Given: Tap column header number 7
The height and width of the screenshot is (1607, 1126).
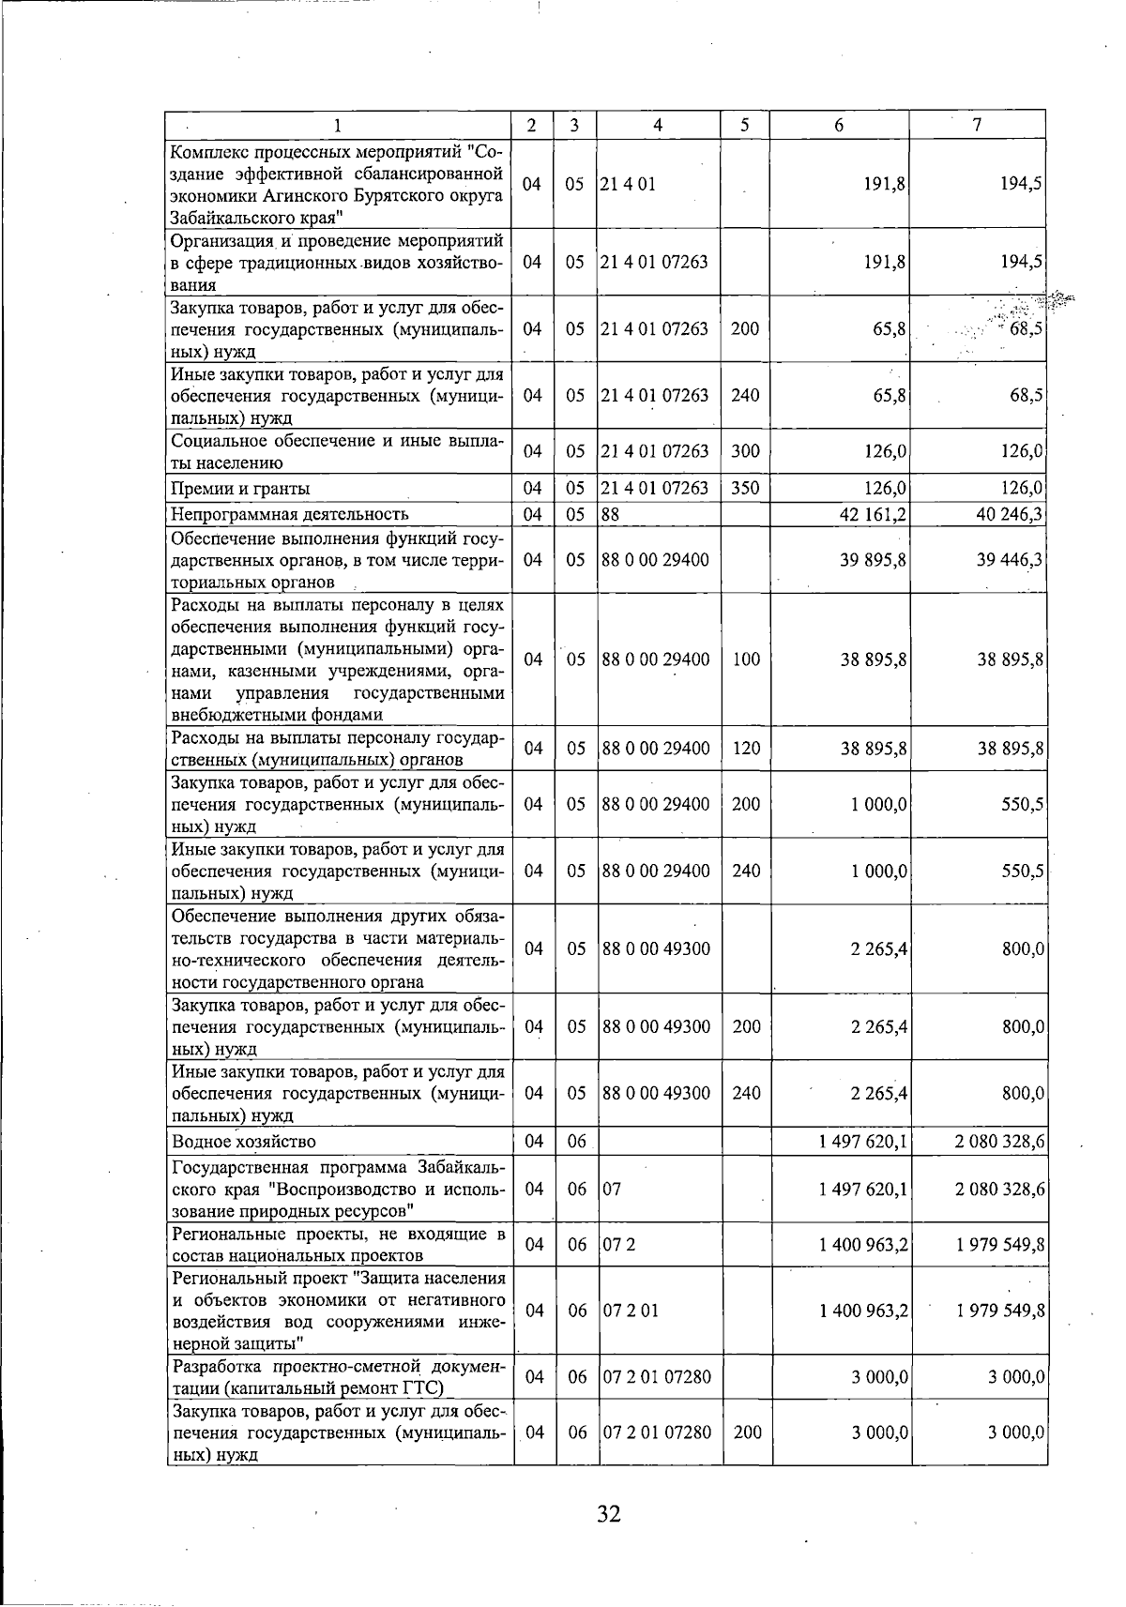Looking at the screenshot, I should click(x=977, y=126).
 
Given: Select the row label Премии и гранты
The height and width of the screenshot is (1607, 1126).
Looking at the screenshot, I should click(x=240, y=489).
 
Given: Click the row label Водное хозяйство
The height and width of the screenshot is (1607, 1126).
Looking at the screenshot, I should click(x=244, y=1142).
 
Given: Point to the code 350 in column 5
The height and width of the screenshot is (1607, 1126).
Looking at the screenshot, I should click(x=745, y=489).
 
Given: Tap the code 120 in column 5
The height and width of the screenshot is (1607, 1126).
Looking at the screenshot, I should click(x=745, y=749).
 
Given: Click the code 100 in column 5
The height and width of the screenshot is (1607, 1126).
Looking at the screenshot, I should click(x=745, y=659).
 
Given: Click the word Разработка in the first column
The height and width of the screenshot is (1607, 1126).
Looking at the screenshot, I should click(x=215, y=1366).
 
